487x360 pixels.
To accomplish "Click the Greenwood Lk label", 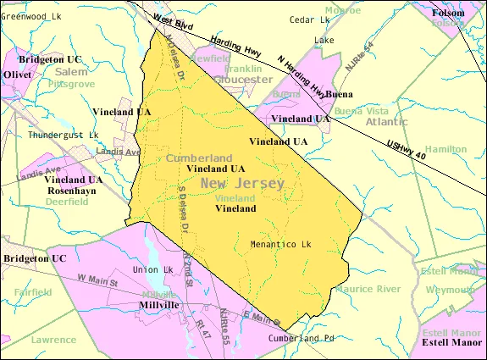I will [32, 16].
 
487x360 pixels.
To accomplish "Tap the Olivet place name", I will [18, 75].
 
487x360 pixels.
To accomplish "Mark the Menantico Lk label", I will [281, 245].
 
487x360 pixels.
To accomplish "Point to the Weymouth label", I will [451, 290].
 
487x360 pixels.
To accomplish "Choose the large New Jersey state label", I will [243, 183].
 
